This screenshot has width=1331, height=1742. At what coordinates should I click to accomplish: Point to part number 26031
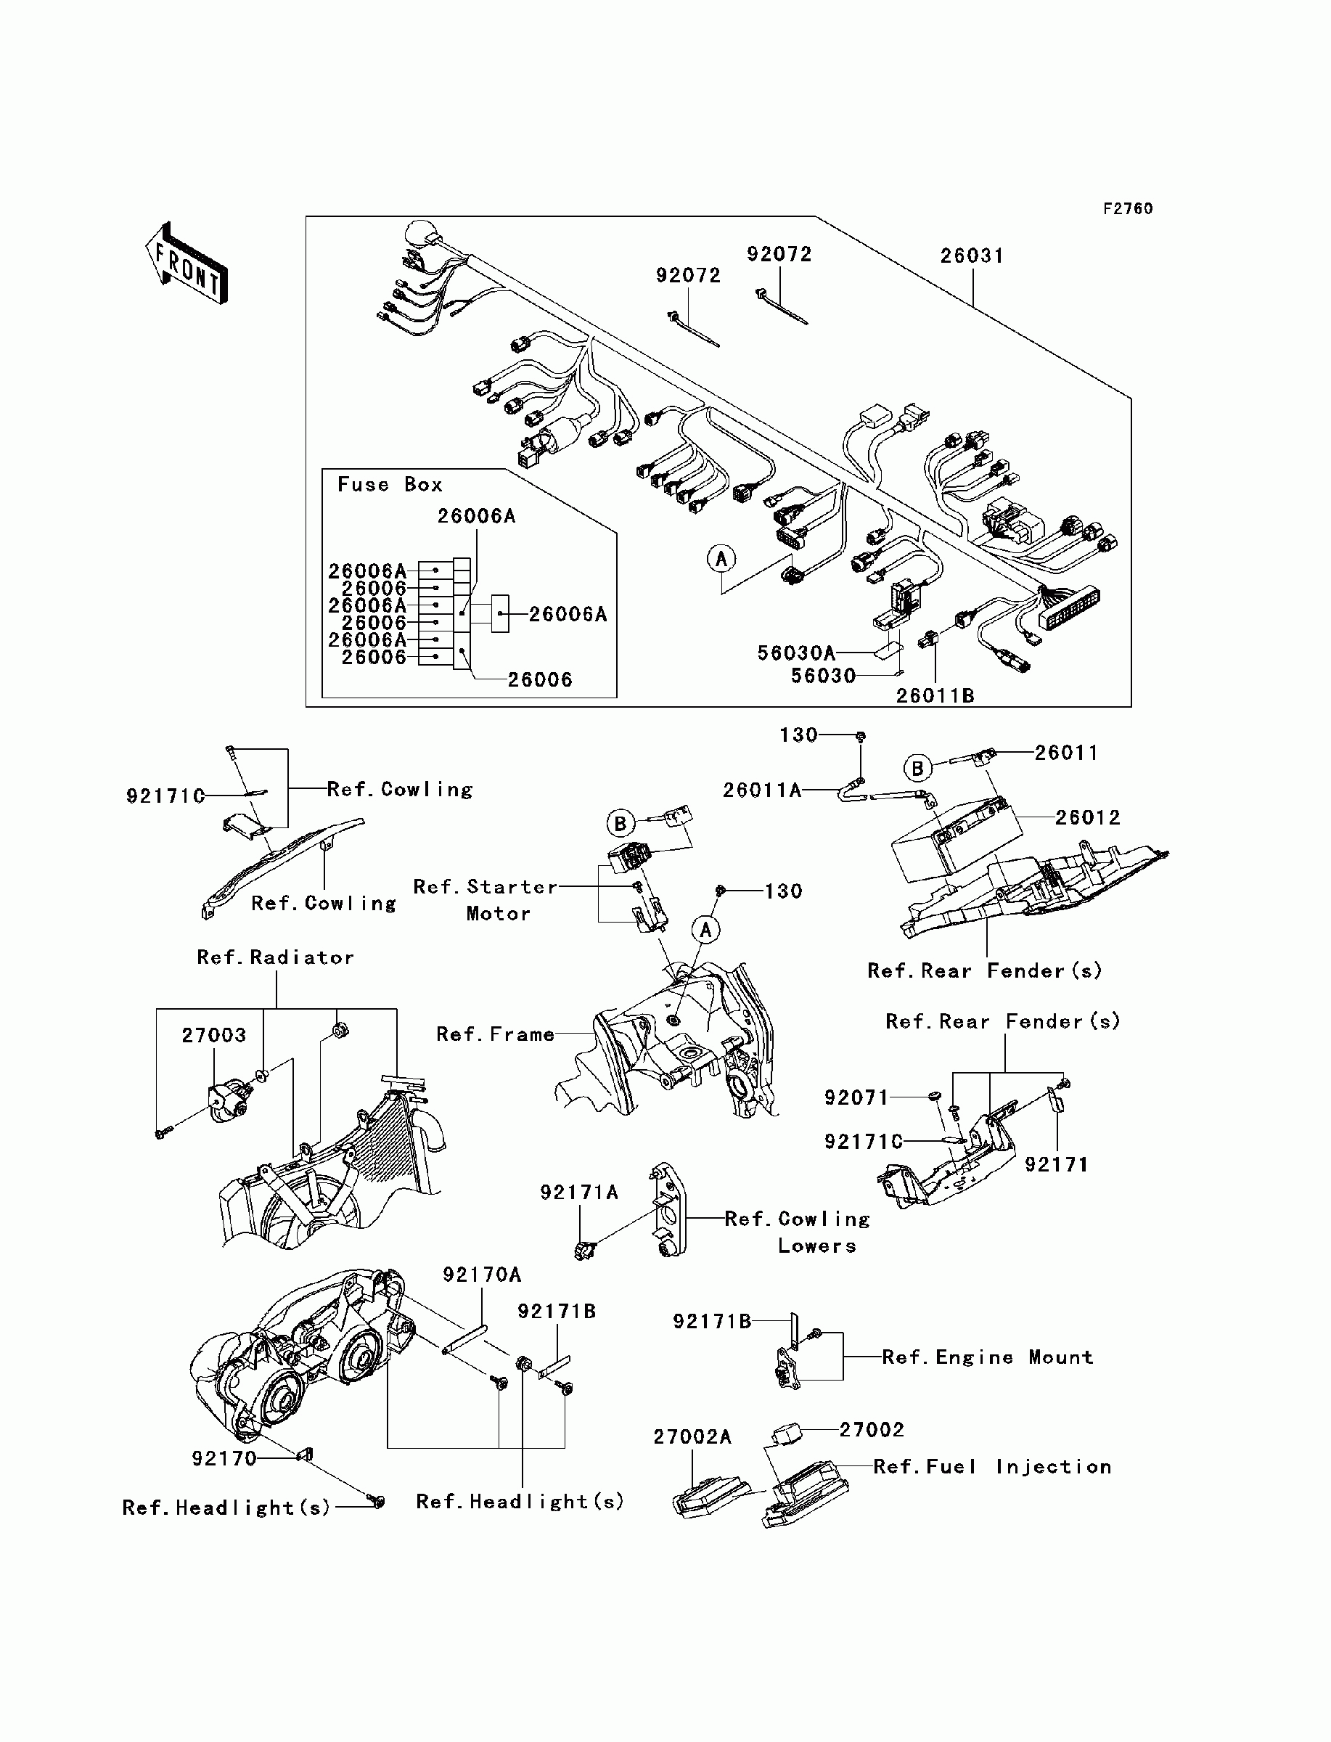972,256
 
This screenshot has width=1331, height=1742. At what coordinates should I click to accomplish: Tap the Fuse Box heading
390,485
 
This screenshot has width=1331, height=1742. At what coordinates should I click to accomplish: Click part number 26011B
935,695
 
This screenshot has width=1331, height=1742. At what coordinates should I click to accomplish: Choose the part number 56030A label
796,653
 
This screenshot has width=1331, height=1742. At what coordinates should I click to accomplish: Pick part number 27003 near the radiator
214,1035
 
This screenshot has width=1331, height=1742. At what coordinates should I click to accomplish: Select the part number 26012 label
1088,817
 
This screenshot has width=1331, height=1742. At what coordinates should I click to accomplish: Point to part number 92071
856,1097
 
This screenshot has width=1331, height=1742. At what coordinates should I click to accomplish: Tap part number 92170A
482,1275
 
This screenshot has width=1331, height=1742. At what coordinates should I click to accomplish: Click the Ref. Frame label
495,1034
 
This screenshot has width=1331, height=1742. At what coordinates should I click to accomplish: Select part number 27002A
692,1437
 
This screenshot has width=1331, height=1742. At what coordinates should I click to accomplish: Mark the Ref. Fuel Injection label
992,1467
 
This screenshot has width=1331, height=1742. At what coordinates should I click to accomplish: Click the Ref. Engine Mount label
987,1358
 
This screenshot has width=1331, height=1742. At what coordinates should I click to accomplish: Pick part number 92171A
579,1193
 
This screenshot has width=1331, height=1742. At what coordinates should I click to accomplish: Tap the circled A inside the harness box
721,558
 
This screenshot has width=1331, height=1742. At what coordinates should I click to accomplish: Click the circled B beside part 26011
917,768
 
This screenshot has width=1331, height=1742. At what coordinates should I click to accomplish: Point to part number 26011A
762,790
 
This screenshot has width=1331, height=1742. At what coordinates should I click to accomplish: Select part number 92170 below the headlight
224,1458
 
